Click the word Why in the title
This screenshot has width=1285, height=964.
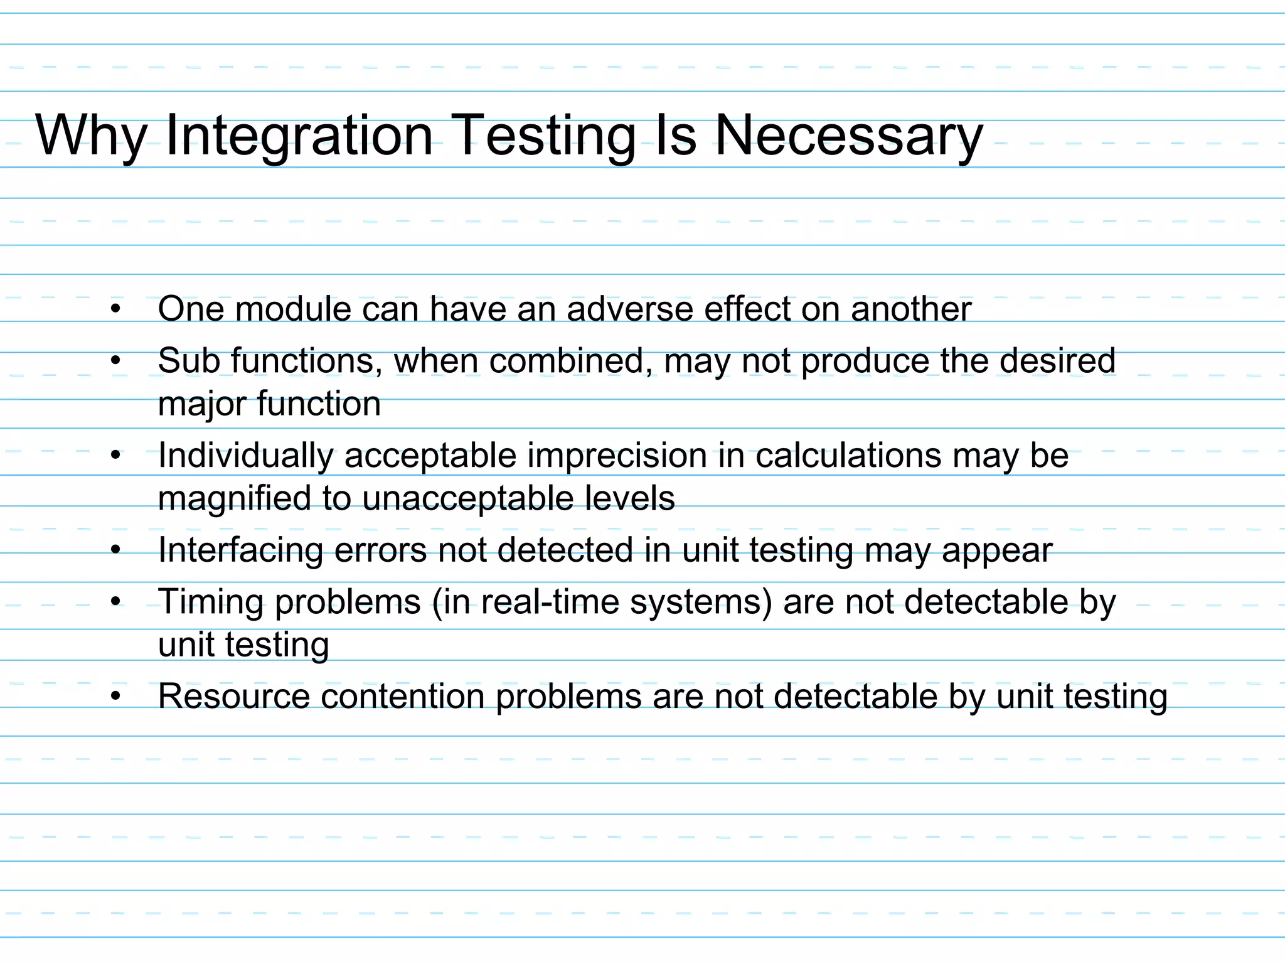[x=92, y=136]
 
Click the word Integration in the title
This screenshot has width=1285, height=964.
[x=299, y=136]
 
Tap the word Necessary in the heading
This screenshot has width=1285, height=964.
[x=848, y=136]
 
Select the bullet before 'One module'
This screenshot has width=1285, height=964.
[x=115, y=309]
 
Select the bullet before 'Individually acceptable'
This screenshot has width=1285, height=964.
[x=115, y=456]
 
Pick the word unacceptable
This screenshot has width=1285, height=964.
[x=467, y=498]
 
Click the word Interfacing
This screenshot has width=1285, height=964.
[x=240, y=550]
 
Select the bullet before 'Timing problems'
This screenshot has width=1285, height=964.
[x=115, y=602]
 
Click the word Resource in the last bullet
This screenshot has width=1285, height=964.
[x=234, y=697]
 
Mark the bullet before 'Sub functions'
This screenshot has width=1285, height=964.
[x=115, y=361]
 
